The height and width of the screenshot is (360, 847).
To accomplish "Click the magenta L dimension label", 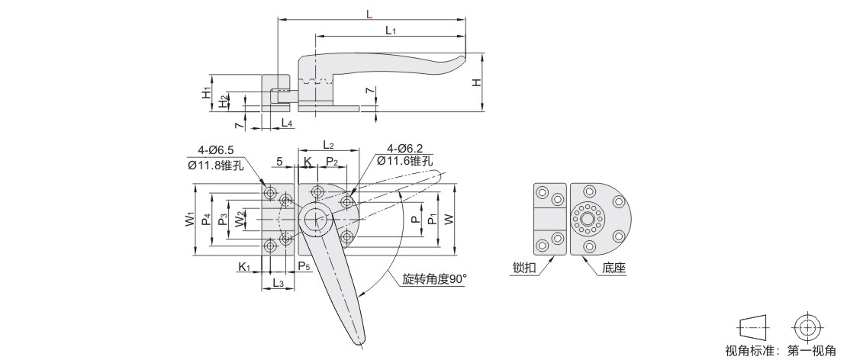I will [x=369, y=14].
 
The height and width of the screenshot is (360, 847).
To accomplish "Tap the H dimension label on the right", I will [x=476, y=82].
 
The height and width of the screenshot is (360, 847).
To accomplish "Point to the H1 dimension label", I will [x=206, y=92].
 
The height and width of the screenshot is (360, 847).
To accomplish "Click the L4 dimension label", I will [x=285, y=123].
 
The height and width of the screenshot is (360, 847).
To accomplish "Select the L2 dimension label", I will [x=329, y=144].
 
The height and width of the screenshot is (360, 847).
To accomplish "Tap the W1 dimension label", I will [x=190, y=220].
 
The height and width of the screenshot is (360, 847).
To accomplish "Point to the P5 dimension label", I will [x=303, y=265].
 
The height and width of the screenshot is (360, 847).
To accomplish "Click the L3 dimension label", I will [x=278, y=284].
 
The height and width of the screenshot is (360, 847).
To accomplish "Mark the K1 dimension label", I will [x=243, y=266].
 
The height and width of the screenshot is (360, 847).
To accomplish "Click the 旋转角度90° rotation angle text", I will [x=434, y=279].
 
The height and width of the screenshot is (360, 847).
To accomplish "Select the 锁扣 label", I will [x=525, y=268].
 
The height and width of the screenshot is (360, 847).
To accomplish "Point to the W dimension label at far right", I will [x=449, y=220].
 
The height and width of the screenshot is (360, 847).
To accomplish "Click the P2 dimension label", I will [x=332, y=161].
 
